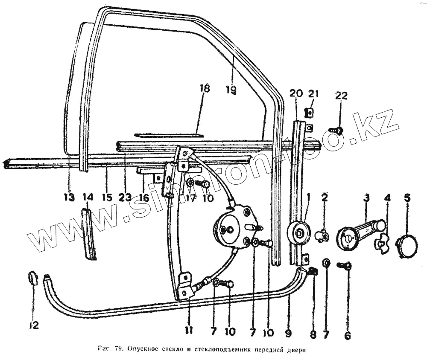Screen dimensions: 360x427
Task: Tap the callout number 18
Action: click(x=205, y=89)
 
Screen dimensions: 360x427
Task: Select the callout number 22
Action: click(x=341, y=96)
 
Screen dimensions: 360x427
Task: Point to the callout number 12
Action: click(x=34, y=325)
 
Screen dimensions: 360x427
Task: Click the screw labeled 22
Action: click(x=336, y=130)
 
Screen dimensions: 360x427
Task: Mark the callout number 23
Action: click(x=125, y=197)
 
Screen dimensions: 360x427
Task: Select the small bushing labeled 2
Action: click(x=323, y=235)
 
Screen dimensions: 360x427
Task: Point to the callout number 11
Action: click(x=189, y=330)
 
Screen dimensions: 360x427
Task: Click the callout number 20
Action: click(x=296, y=94)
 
